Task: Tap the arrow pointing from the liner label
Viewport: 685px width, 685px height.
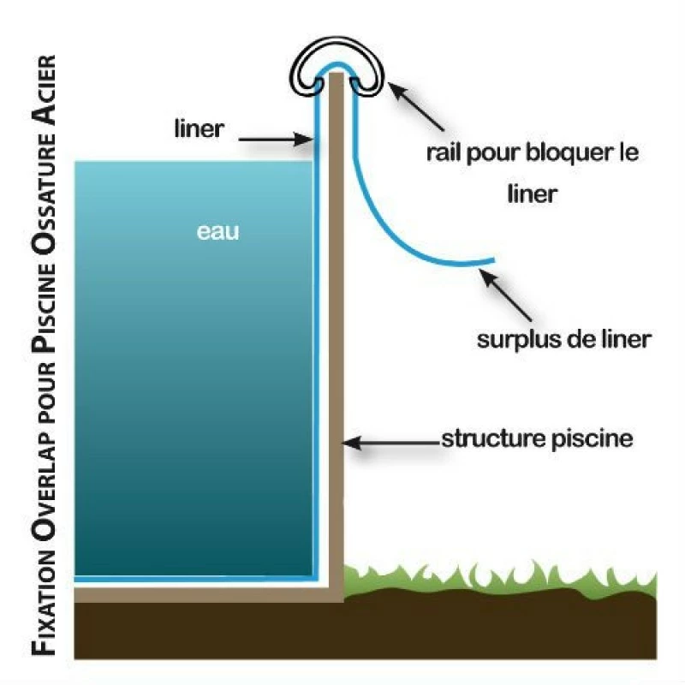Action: tap(274, 136)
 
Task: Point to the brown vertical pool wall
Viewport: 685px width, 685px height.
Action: tap(335, 342)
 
